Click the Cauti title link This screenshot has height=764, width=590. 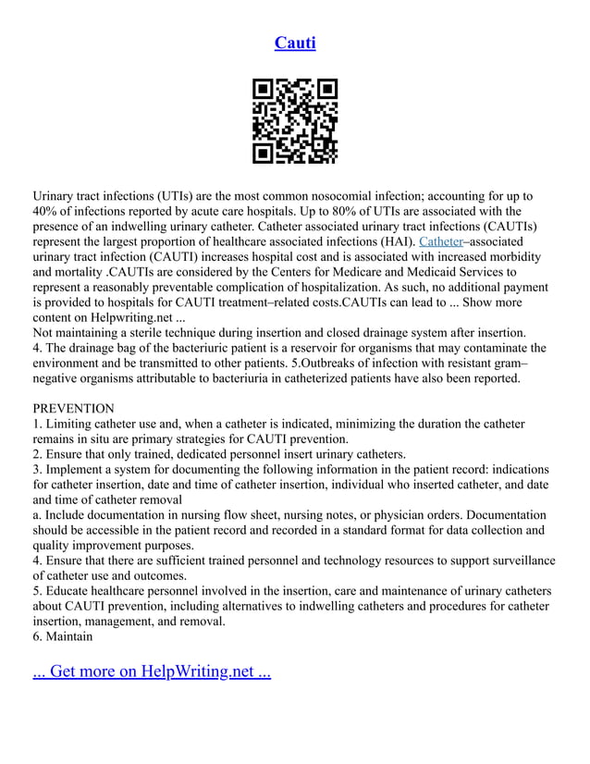click(295, 43)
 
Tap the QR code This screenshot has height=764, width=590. click(295, 121)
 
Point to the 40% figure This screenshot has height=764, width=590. click(46, 211)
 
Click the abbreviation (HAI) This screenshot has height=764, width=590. click(395, 240)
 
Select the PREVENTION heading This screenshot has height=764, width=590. click(74, 409)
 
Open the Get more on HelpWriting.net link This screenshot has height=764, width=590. click(152, 671)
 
